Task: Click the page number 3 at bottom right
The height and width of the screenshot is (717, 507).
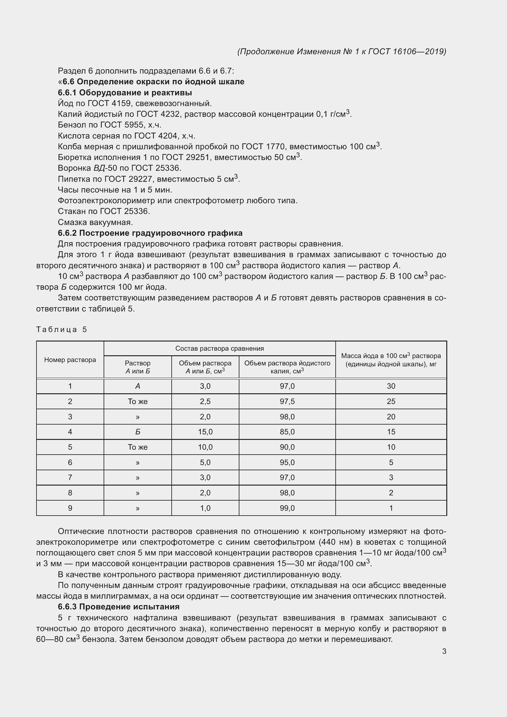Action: click(444, 651)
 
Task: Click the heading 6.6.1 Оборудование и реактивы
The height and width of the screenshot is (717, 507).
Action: click(125, 93)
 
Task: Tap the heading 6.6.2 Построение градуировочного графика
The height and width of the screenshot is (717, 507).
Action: click(150, 233)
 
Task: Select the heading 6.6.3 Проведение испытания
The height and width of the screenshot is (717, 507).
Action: click(119, 606)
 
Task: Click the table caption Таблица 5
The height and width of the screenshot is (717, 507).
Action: click(62, 330)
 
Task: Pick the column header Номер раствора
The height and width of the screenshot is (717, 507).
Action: click(70, 360)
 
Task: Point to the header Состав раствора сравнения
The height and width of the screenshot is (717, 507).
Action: click(219, 349)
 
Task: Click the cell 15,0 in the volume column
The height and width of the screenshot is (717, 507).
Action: click(205, 432)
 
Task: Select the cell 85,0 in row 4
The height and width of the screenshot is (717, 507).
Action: click(287, 432)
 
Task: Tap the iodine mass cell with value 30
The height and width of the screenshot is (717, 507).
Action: click(391, 386)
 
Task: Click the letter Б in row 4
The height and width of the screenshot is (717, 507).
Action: click(138, 432)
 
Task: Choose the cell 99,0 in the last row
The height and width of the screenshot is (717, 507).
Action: click(287, 508)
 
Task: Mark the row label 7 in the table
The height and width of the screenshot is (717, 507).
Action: click(70, 478)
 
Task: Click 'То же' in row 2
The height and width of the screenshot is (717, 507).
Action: click(138, 402)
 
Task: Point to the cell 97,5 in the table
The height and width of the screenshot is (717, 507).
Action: click(287, 402)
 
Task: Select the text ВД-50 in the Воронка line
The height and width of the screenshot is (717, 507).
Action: click(105, 168)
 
